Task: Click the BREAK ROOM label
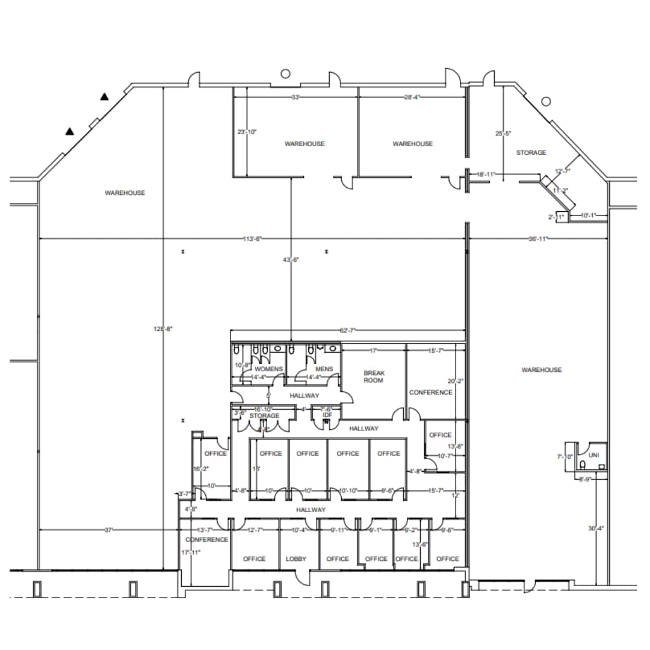374,377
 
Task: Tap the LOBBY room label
296,559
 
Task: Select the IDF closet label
327,415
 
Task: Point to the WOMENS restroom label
268,369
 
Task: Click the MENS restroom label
324,369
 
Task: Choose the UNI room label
594,455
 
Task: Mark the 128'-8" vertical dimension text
163,329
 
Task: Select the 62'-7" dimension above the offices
348,330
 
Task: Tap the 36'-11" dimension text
537,240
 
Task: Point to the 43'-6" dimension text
291,259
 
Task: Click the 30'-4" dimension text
596,529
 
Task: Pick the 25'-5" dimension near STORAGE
503,134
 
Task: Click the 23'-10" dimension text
246,132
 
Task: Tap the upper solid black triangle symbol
104,96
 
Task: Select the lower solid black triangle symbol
70,131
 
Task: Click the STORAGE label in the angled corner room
531,153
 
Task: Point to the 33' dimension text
296,97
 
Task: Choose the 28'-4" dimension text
412,97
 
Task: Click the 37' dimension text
109,530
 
